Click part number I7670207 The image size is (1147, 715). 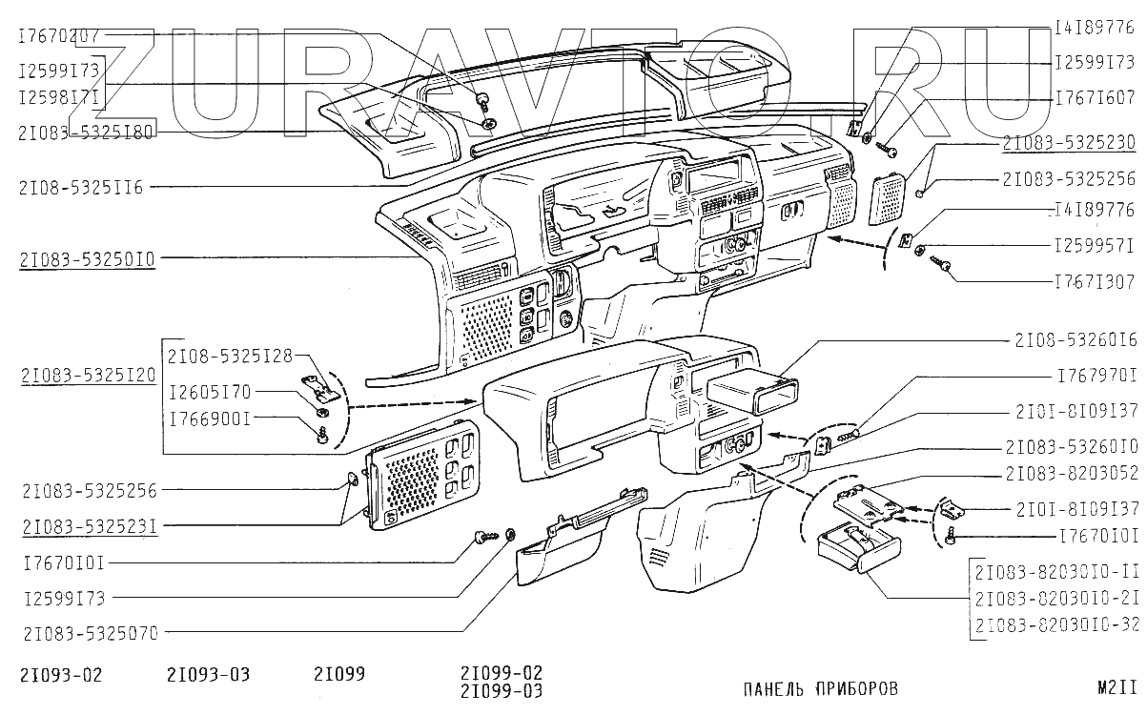(59, 35)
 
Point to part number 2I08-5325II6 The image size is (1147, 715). (79, 188)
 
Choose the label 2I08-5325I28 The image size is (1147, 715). (230, 356)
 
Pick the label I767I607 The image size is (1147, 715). (1094, 98)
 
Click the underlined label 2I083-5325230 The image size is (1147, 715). (1068, 143)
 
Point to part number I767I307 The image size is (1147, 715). (1094, 282)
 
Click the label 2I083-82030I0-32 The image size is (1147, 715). (1057, 624)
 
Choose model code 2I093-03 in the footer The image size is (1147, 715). (208, 675)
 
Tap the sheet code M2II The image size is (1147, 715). (1117, 686)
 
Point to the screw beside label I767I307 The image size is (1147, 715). (945, 269)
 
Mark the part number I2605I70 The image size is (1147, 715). (210, 391)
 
